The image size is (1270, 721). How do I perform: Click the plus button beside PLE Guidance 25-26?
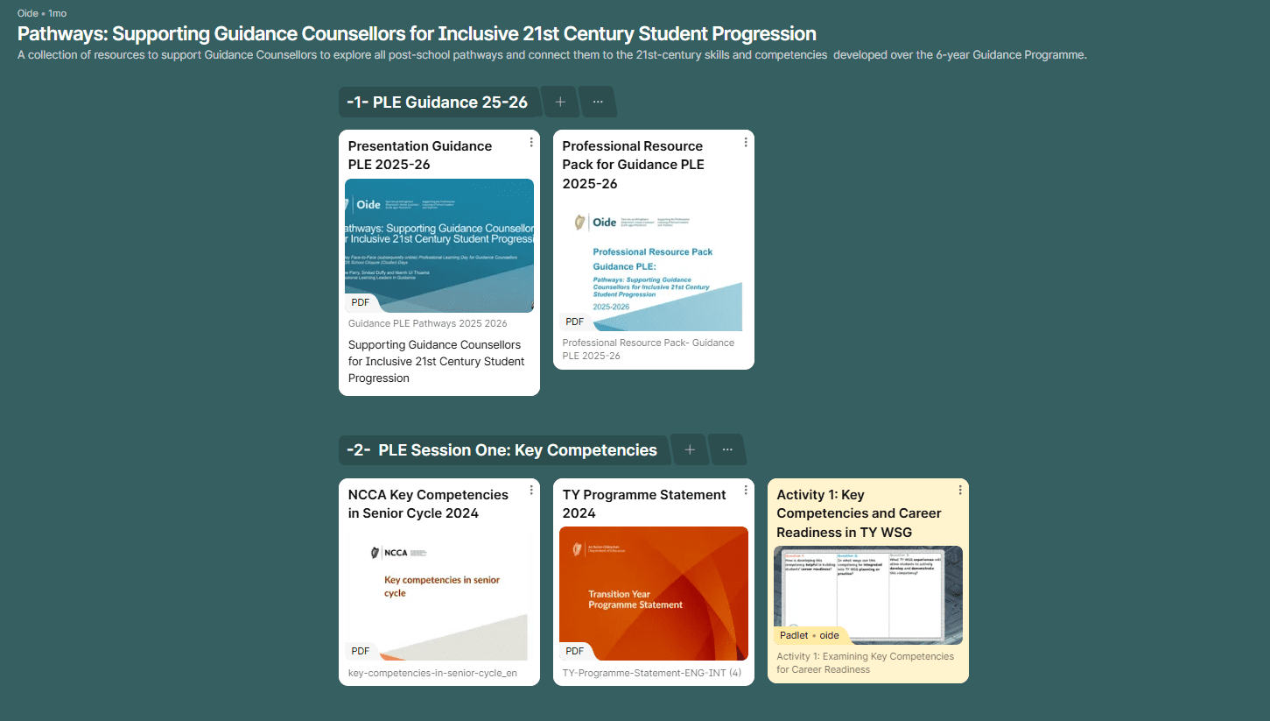(560, 102)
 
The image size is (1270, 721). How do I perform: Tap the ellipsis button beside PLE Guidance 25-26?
(598, 102)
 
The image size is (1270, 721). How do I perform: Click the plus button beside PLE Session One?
(690, 449)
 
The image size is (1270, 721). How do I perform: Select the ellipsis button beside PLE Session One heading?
(727, 449)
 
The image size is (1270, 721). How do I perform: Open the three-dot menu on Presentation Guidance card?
(531, 142)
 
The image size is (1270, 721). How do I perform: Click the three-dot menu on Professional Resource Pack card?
(746, 142)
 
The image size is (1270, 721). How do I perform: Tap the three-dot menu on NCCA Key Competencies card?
(531, 491)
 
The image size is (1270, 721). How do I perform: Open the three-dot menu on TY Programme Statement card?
(746, 491)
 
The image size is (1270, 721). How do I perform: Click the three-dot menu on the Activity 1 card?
(960, 491)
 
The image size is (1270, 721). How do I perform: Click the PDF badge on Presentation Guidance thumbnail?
(361, 302)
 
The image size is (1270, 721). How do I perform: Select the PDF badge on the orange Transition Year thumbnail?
(574, 651)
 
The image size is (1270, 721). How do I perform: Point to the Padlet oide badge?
(809, 635)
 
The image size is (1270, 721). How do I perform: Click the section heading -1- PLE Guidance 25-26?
(438, 102)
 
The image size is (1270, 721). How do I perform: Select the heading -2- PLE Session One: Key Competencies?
(502, 450)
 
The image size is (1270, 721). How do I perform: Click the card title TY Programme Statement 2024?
(644, 504)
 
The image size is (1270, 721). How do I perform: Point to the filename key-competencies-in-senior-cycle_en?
(432, 673)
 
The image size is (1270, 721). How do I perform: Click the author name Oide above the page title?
(28, 13)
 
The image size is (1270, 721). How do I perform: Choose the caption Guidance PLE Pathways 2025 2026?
(428, 323)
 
